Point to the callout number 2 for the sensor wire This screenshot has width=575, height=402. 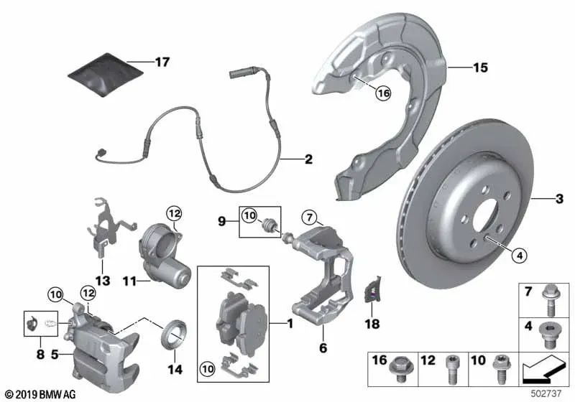point(308,159)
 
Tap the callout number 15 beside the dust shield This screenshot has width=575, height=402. point(480,68)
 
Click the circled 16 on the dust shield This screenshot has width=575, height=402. point(382,93)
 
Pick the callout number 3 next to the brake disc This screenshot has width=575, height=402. point(559,196)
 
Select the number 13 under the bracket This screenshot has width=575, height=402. point(103,281)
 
